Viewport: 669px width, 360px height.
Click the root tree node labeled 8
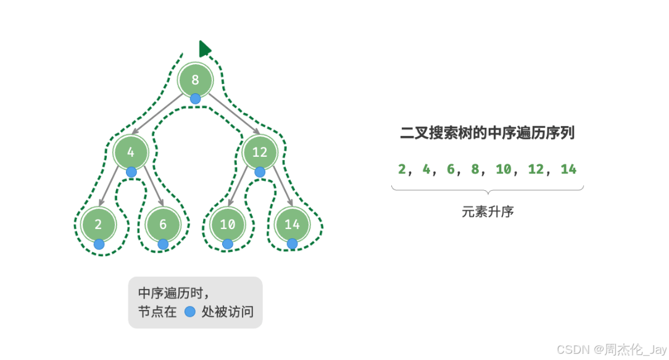click(x=196, y=80)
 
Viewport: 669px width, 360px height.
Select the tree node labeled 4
click(x=131, y=152)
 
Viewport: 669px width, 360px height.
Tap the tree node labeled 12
click(x=260, y=152)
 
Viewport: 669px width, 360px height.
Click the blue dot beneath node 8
click(x=196, y=99)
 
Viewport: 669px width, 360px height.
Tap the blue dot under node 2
click(x=99, y=244)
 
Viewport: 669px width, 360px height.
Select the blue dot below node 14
click(x=292, y=244)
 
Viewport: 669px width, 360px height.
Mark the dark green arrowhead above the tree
click(x=204, y=49)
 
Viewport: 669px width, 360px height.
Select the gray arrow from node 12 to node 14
click(x=276, y=188)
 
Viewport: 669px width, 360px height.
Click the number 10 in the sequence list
click(x=504, y=169)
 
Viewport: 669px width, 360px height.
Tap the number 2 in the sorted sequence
click(x=402, y=169)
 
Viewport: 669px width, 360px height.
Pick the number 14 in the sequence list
click(x=568, y=169)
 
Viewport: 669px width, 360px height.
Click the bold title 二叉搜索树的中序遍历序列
click(x=488, y=132)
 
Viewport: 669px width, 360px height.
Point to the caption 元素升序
click(x=488, y=211)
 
